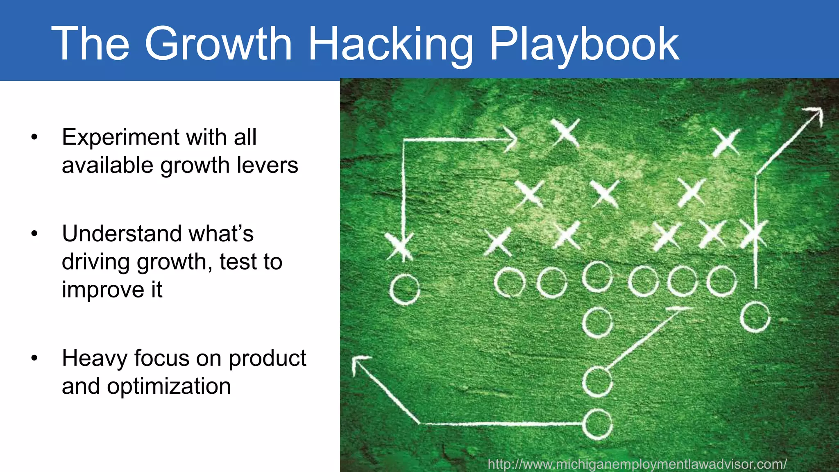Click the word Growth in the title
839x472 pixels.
point(218,44)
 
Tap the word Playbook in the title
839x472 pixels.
point(584,44)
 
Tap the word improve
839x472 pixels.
point(102,290)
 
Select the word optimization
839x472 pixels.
point(169,386)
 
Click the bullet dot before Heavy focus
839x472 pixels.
point(34,358)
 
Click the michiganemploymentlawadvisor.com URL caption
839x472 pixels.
point(637,464)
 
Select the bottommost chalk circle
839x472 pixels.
point(597,424)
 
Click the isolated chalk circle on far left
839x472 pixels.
point(404,289)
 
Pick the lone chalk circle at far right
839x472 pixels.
point(755,317)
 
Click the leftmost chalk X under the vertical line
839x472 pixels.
point(399,246)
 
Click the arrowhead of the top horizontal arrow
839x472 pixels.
point(511,139)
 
